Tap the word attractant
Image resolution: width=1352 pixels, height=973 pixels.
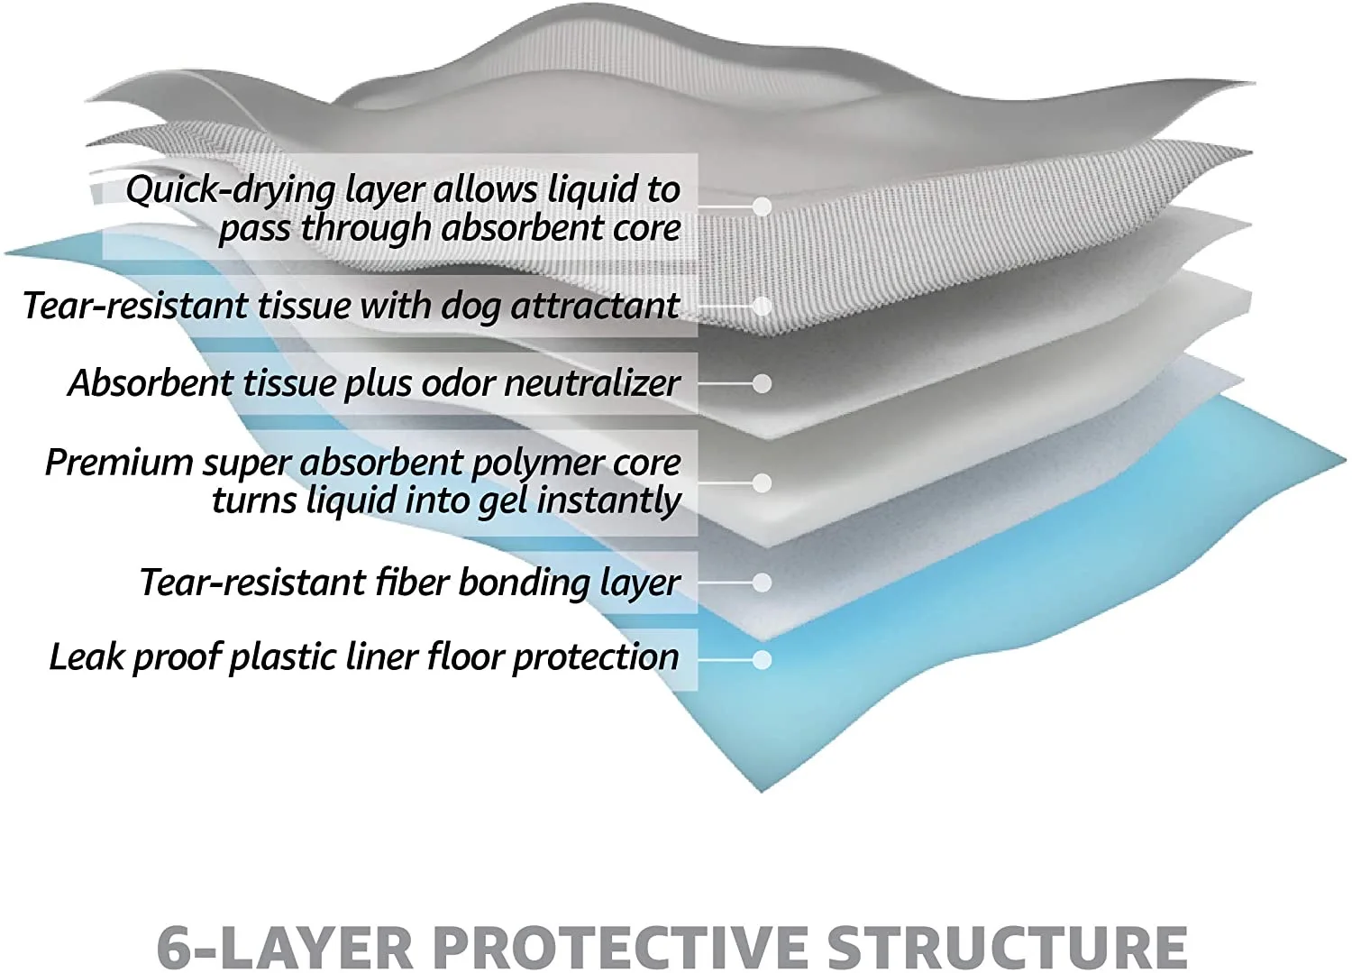point(595,306)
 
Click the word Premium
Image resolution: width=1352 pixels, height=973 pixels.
point(119,463)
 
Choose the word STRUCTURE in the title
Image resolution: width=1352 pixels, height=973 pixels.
point(1007,946)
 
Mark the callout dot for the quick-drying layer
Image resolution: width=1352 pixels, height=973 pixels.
point(763,207)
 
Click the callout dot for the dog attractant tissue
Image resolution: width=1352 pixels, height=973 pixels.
point(763,307)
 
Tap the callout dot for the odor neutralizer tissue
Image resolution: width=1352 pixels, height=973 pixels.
point(763,384)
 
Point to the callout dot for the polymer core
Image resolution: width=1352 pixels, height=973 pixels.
point(763,483)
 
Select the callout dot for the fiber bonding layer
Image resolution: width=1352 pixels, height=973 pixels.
point(763,583)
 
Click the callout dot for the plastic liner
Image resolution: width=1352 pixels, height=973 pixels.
point(763,660)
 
